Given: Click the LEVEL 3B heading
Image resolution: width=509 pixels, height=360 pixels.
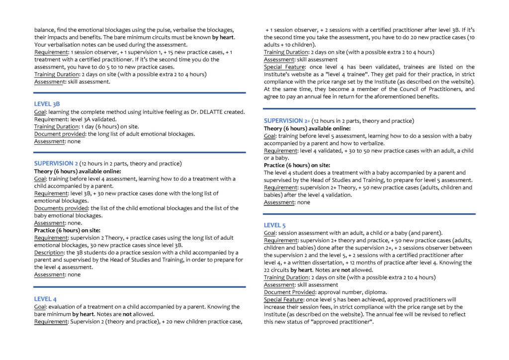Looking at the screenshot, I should click(47, 104).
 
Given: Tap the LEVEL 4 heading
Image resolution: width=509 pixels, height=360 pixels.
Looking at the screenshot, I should click(45, 299).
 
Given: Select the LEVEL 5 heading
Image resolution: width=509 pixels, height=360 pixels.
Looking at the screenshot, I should click(275, 225).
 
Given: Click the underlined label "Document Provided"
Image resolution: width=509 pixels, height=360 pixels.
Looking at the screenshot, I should click(288, 292).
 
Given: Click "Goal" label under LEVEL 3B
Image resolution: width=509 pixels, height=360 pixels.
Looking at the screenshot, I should click(40, 112).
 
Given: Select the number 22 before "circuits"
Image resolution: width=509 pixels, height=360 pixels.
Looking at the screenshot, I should click(267, 270).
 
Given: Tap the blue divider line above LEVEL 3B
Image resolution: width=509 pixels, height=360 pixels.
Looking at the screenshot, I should click(140, 92).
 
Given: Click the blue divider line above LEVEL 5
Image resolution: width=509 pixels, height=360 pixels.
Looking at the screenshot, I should click(369, 214).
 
